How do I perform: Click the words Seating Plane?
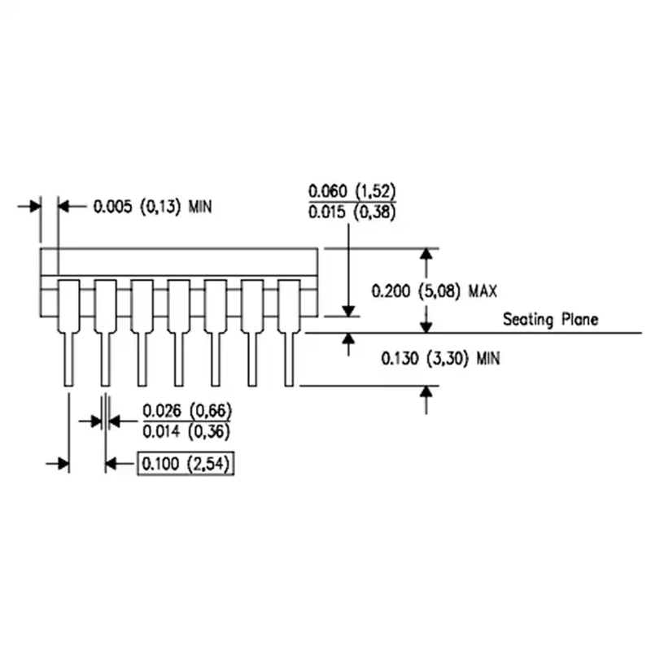tap(550, 319)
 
